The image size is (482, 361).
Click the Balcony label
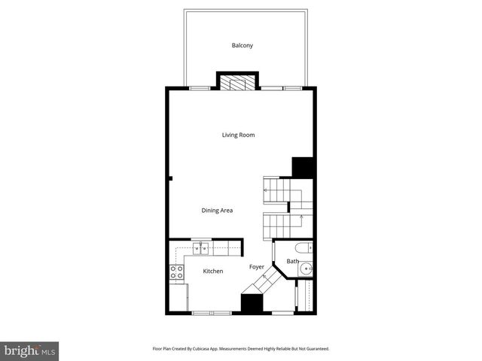242,46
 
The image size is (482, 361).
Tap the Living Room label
238,135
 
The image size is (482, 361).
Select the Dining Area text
217,211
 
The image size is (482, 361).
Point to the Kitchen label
213,271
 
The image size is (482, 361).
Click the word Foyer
257,267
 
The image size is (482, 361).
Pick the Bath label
292,262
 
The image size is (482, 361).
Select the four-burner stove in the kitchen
176,273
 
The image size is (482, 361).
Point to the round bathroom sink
309,269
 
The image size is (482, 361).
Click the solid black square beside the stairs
302,167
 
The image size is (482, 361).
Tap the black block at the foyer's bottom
251,302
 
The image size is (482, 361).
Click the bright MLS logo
30,350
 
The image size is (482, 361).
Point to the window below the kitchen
211,311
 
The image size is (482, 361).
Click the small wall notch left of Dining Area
171,179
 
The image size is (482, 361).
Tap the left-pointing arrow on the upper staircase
266,192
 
